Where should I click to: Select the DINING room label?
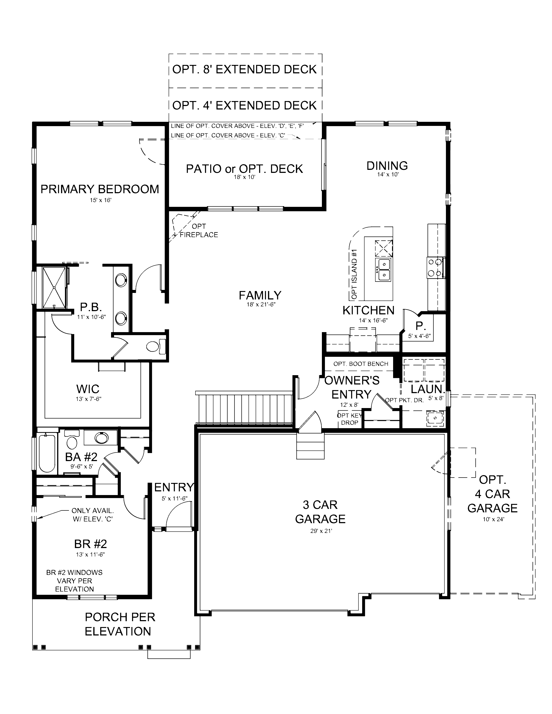(387, 166)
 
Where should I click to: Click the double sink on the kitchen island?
(384, 269)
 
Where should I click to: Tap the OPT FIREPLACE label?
(199, 230)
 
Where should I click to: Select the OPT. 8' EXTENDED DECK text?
(244, 69)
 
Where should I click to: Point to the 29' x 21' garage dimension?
(321, 531)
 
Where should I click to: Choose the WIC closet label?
(88, 389)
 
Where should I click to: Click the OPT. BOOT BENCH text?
(360, 364)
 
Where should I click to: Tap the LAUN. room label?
(427, 389)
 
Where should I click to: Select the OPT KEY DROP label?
(349, 419)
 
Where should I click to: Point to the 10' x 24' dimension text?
(493, 519)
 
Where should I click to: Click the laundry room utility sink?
(435, 418)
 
